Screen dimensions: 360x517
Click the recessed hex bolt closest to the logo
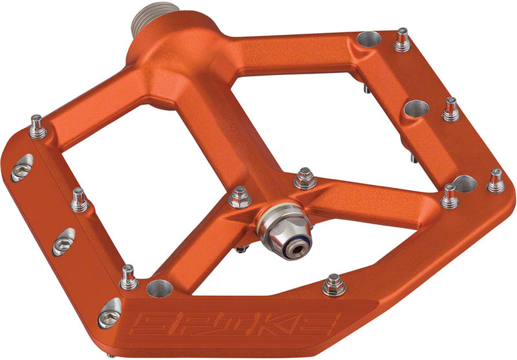click(x=109, y=313)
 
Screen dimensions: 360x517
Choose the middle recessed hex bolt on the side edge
click(x=63, y=240)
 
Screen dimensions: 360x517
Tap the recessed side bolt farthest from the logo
click(x=21, y=167)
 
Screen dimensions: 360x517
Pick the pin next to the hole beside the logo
click(x=128, y=278)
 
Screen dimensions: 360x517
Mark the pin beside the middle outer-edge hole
click(x=450, y=110)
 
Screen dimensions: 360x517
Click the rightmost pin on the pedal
click(x=496, y=181)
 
